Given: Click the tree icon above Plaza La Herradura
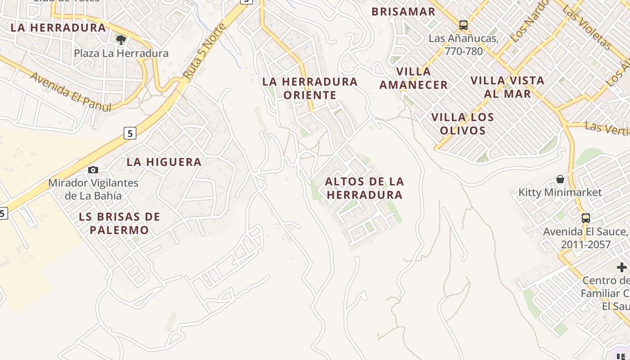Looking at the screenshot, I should click(121, 40).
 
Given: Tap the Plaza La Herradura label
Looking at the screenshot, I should click(121, 54).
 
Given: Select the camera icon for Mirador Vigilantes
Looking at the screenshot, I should click(93, 170).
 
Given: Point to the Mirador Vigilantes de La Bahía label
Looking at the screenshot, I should click(93, 189).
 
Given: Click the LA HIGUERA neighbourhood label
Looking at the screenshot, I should click(164, 162).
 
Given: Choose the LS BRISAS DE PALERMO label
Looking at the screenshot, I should click(119, 223).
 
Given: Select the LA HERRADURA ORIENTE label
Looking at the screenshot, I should click(310, 88).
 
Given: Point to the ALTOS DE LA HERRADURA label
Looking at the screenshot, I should click(364, 188).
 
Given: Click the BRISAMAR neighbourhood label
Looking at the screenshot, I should click(403, 12).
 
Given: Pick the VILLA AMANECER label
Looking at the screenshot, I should click(414, 78).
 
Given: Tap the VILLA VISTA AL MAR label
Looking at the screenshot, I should click(507, 87).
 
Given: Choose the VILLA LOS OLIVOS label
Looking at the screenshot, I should click(463, 124).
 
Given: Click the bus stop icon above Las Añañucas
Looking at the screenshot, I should click(463, 25).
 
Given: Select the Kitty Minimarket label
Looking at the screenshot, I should click(560, 193).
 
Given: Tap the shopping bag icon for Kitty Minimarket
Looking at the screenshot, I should click(560, 180).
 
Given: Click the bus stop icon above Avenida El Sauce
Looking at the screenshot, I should click(585, 218).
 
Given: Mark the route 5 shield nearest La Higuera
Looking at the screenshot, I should click(130, 133).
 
